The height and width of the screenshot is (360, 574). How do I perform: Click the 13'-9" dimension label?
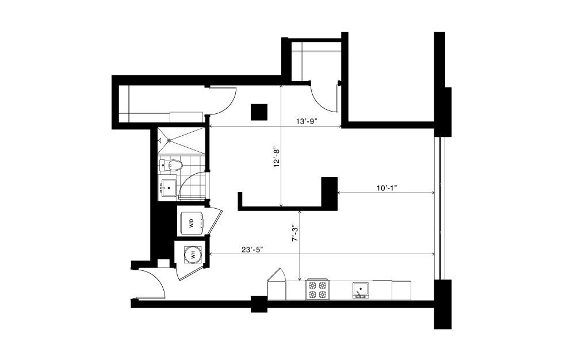305,122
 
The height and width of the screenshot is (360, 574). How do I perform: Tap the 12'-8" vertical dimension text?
277,158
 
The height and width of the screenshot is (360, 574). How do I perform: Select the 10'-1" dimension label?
387,188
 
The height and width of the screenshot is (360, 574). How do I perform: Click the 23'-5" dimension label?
252,250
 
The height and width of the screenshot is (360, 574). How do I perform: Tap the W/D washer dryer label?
191,223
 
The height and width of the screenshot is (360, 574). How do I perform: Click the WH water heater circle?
192,254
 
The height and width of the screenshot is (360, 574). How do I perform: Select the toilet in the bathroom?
172,165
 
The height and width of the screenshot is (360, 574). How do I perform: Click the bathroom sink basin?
168,187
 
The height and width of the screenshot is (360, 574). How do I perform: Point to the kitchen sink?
360,290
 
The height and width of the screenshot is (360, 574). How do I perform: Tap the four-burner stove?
317,290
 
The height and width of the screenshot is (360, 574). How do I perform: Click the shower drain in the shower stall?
169,140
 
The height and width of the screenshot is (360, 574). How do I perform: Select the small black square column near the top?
259,112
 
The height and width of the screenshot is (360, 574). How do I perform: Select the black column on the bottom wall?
259,304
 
